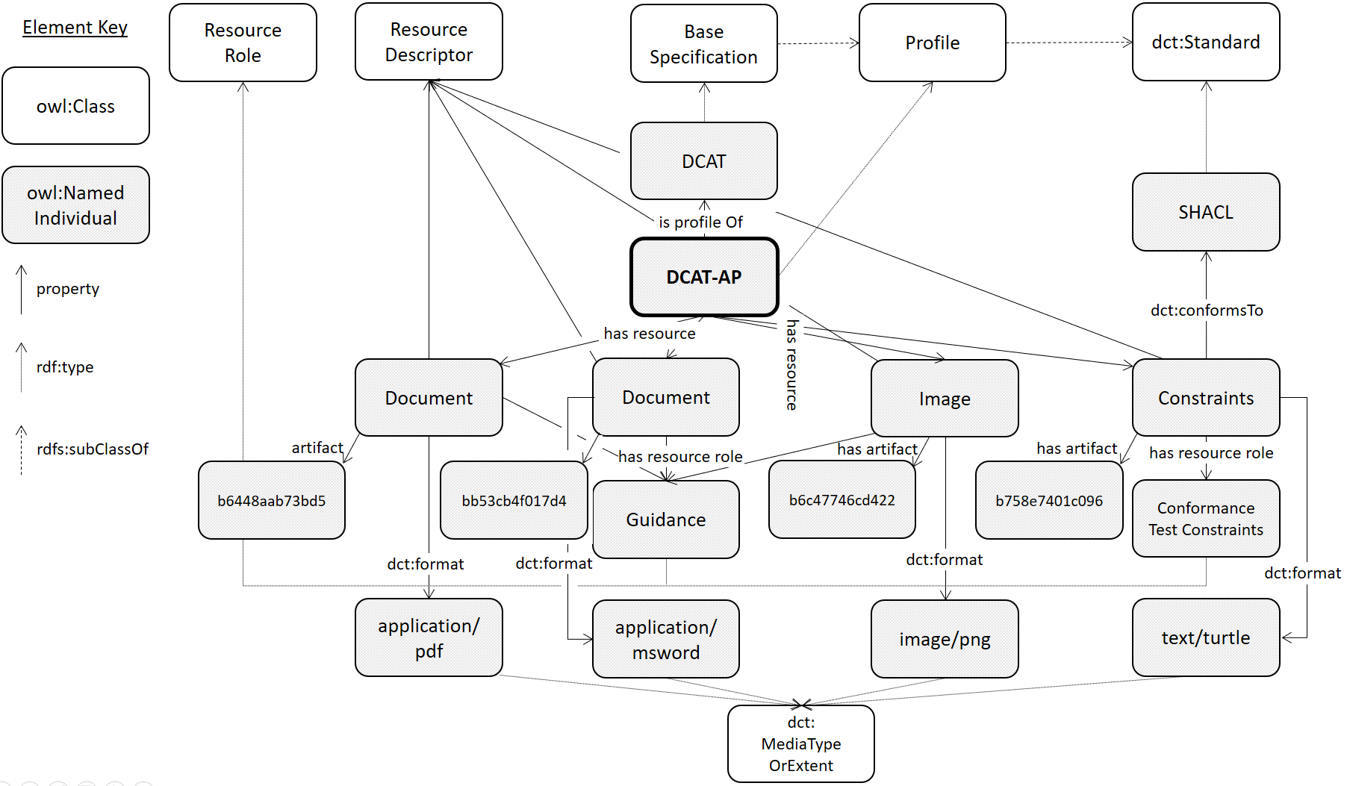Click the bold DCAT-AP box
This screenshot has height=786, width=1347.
pyautogui.click(x=704, y=277)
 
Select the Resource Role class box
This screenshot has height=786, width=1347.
pyautogui.click(x=243, y=43)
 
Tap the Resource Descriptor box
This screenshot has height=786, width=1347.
pyautogui.click(x=429, y=42)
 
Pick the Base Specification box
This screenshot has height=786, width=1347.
pyautogui.click(x=703, y=43)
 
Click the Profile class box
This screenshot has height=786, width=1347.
pyautogui.click(x=932, y=43)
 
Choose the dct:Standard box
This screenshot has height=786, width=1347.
pyautogui.click(x=1205, y=42)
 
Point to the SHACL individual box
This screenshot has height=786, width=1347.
pyautogui.click(x=1205, y=212)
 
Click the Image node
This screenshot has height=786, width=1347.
pyautogui.click(x=945, y=399)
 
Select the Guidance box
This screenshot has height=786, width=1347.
pyautogui.click(x=665, y=520)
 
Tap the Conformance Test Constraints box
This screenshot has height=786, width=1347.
pyautogui.click(x=1205, y=519)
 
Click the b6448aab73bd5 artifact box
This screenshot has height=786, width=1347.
pyautogui.click(x=271, y=500)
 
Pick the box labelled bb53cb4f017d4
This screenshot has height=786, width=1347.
pyautogui.click(x=514, y=500)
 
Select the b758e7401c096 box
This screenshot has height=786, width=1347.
pyautogui.click(x=1048, y=500)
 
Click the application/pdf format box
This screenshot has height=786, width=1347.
pyautogui.click(x=429, y=637)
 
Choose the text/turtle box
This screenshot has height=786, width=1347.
pyautogui.click(x=1205, y=637)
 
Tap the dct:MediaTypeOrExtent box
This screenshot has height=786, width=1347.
pyautogui.click(x=800, y=743)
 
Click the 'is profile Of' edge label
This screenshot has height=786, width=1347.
pyautogui.click(x=700, y=222)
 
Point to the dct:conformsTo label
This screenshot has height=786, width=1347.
pyautogui.click(x=1206, y=311)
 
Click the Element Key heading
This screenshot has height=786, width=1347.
pyautogui.click(x=75, y=28)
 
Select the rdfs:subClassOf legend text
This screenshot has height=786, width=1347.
pyautogui.click(x=92, y=449)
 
